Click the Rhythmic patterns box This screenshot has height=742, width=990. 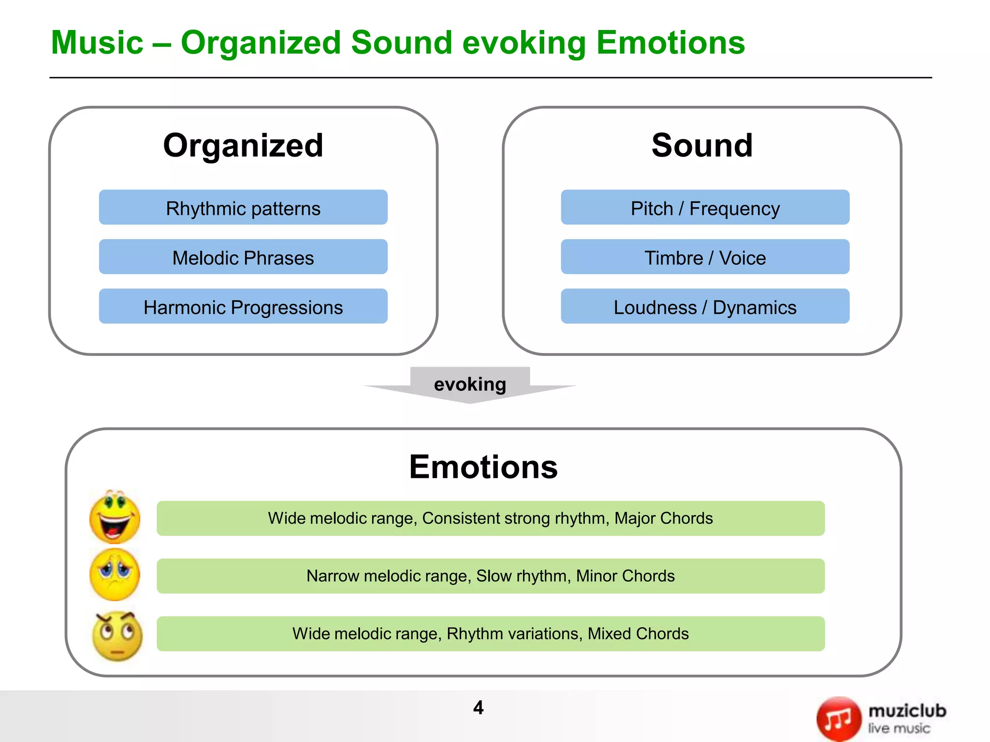click(243, 208)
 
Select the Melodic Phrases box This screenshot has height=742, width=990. click(243, 257)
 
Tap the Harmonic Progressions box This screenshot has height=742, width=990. click(243, 307)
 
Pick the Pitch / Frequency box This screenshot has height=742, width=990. click(705, 208)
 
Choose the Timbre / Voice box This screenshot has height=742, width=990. click(705, 257)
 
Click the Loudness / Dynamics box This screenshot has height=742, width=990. click(705, 307)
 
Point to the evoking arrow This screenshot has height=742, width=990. click(470, 385)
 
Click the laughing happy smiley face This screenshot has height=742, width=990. click(115, 517)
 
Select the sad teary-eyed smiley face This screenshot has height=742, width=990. click(115, 574)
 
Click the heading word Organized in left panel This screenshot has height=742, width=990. click(243, 145)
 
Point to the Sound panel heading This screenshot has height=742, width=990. click(702, 145)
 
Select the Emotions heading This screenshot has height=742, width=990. click(483, 467)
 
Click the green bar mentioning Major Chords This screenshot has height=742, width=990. click(490, 518)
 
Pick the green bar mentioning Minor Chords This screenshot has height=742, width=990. click(490, 576)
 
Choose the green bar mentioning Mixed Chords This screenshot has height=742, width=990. click(490, 633)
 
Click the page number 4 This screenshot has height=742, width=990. click(478, 708)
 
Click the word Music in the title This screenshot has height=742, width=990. click(97, 43)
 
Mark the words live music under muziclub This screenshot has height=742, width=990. click(899, 728)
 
